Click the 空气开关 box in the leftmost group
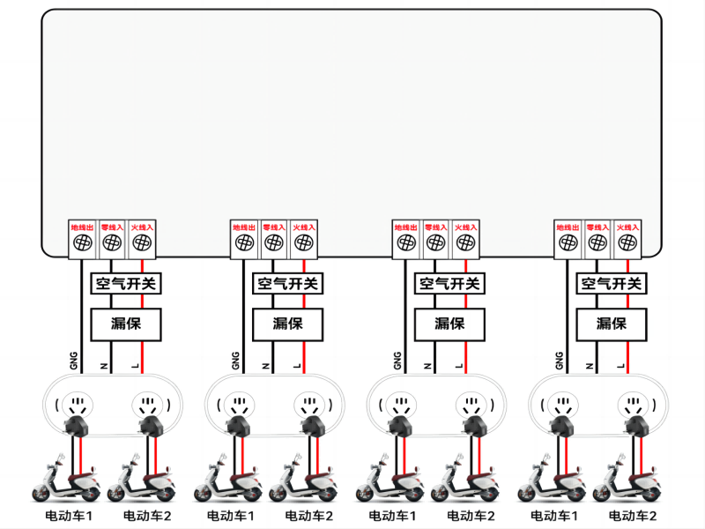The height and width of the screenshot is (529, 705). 126,284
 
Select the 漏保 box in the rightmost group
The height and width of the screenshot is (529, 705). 611,324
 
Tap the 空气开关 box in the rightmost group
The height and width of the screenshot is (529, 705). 611,284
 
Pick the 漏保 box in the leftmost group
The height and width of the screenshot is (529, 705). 126,324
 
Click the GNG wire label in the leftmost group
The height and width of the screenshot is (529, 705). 74,360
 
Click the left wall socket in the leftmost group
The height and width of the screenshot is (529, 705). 77,406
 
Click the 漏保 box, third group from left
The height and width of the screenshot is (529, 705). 449,324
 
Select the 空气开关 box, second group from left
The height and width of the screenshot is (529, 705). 287,284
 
